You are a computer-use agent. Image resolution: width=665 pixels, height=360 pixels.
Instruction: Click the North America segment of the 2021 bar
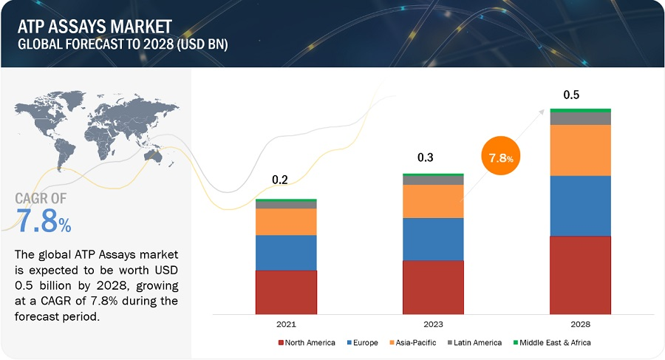[x=286, y=291]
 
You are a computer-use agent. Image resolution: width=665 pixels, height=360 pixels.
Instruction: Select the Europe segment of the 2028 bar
[x=580, y=206]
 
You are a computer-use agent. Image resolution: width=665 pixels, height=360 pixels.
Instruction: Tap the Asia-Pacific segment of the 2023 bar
[x=433, y=201]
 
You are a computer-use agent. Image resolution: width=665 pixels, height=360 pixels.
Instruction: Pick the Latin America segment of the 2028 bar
[x=580, y=118]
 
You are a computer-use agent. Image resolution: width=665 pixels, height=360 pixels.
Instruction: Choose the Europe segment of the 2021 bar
[x=286, y=253]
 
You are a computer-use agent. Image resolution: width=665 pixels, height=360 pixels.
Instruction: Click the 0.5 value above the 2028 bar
[x=571, y=95]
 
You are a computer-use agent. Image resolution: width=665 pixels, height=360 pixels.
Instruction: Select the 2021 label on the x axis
[x=287, y=325]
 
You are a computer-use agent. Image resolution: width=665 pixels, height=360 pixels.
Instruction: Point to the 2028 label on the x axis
[x=580, y=325]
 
